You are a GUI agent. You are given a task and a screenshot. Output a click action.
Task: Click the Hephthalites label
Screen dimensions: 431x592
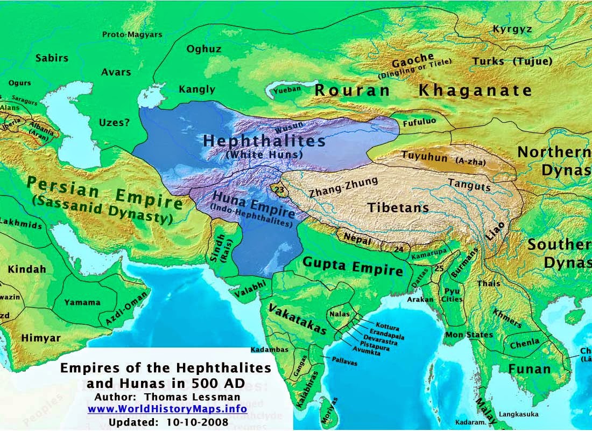tap(264, 141)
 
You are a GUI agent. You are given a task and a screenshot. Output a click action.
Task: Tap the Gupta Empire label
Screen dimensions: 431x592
tap(353, 267)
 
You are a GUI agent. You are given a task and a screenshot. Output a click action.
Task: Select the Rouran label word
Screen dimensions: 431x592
tap(352, 91)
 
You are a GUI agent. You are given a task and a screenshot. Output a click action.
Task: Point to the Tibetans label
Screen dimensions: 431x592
tap(398, 207)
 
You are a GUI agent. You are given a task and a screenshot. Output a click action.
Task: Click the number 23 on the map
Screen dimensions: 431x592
tap(278, 189)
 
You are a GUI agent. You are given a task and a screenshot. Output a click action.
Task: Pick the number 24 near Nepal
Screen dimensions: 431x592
tap(398, 249)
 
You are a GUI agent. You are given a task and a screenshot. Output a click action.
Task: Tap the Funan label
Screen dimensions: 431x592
tap(530, 369)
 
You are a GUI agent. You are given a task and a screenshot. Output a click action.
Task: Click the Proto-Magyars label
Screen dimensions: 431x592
tap(132, 34)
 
